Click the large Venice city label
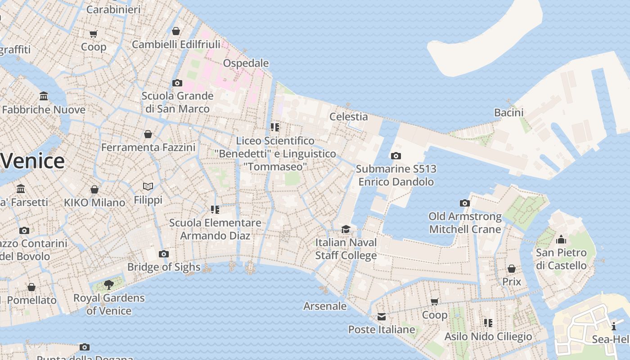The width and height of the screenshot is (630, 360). (32, 161)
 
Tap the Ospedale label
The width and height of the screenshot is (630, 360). (246, 63)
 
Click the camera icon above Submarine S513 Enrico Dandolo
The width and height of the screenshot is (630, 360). (396, 156)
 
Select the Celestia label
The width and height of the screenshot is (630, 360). (348, 117)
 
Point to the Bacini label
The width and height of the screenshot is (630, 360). (508, 112)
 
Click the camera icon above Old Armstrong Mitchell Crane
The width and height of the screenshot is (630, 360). (465, 203)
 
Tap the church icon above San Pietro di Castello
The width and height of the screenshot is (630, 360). (561, 239)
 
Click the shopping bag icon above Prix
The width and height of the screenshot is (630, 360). (512, 269)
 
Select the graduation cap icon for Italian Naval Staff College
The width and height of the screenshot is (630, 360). (346, 229)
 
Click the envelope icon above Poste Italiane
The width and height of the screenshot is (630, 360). (382, 317)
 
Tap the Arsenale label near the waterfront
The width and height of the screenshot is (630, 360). (325, 306)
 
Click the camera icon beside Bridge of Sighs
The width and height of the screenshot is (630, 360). (164, 254)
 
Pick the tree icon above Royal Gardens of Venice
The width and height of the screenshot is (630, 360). (108, 284)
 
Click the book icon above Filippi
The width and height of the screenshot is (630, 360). (148, 186)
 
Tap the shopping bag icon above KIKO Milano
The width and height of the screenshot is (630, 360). (94, 189)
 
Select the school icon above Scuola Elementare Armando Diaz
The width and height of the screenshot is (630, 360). (215, 210)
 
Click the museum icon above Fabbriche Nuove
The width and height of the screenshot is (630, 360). (44, 96)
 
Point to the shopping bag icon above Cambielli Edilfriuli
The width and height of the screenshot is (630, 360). (176, 31)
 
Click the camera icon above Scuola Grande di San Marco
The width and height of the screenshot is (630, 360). (177, 83)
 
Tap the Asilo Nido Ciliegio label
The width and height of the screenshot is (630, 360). (488, 337)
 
